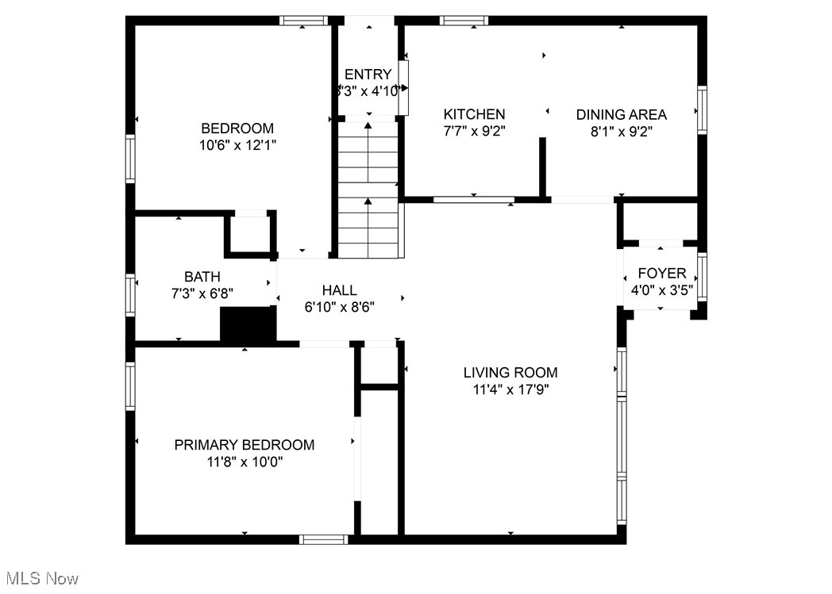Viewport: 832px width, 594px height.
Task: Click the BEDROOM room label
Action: click(237, 128)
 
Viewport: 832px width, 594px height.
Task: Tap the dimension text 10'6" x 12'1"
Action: click(237, 145)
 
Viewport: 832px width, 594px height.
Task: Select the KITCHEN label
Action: click(474, 114)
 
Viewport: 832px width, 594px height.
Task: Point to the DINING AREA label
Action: click(621, 114)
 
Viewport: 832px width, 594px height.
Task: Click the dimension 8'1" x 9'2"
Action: click(621, 132)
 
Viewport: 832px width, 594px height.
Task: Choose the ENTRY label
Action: click(368, 75)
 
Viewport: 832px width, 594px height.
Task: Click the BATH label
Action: click(202, 277)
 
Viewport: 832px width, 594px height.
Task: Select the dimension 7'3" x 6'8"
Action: click(202, 293)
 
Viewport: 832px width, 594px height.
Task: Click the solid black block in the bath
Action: click(247, 325)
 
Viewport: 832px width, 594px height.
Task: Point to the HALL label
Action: click(339, 290)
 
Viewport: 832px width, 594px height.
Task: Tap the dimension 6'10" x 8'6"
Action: click(339, 307)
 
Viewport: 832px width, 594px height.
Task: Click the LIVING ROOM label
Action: click(510, 372)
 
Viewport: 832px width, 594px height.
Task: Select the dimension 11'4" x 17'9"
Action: click(510, 389)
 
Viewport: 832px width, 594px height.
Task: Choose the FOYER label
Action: click(661, 274)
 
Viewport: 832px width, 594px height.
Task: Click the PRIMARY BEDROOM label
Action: click(244, 445)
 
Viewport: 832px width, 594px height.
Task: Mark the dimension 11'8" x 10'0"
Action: click(244, 462)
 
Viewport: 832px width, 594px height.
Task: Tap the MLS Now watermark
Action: click(40, 578)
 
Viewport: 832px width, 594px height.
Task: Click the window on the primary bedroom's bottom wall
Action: click(323, 539)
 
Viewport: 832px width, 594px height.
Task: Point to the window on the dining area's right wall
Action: click(702, 109)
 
